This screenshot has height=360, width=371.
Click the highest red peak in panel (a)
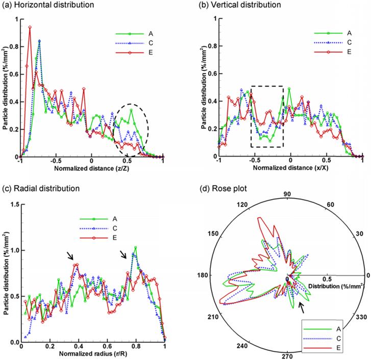click(x=30, y=28)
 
